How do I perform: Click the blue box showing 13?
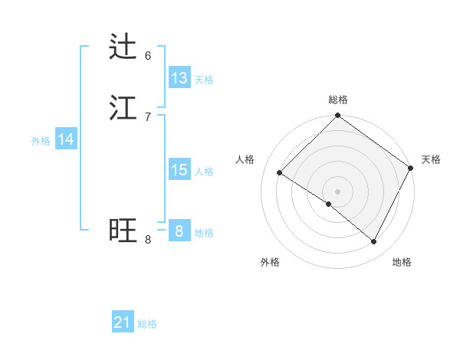click(x=179, y=78)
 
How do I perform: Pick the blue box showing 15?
click(x=179, y=170)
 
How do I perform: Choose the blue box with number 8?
click(x=179, y=231)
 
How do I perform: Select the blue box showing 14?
click(x=66, y=139)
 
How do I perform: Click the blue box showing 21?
click(x=123, y=322)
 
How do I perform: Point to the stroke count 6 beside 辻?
click(x=148, y=55)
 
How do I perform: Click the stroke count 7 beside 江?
click(x=148, y=116)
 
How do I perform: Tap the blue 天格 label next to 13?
click(x=204, y=80)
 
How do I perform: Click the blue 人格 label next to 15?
click(x=204, y=172)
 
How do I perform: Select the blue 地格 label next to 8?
click(x=204, y=233)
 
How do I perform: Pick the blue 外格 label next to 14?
click(x=41, y=141)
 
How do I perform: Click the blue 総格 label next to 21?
click(x=147, y=325)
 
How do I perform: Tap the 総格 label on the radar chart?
click(x=338, y=100)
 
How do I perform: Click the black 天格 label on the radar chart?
click(x=431, y=159)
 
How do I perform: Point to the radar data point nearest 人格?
click(x=280, y=173)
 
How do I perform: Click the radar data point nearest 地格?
click(x=374, y=242)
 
